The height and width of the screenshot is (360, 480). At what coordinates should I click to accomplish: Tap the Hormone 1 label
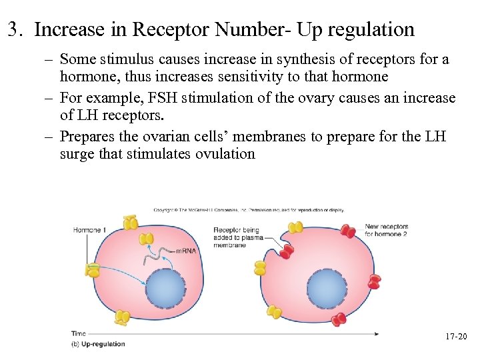point(89,230)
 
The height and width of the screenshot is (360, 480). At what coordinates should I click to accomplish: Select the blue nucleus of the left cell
point(165,289)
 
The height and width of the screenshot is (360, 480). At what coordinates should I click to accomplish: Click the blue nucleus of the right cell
point(327,289)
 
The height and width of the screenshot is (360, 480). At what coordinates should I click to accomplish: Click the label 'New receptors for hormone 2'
point(385,231)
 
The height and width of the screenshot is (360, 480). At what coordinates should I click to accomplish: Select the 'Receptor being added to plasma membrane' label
point(237,237)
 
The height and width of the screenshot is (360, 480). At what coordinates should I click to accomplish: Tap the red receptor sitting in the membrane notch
point(287,251)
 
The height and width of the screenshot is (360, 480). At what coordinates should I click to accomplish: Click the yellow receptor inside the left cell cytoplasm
point(145,238)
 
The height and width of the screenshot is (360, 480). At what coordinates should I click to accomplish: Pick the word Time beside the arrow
point(79,333)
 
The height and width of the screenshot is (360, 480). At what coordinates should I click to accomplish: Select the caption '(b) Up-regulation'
point(98,344)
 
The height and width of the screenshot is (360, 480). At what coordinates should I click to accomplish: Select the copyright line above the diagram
point(249,210)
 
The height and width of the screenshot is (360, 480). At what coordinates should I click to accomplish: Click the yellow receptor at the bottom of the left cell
point(121,318)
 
